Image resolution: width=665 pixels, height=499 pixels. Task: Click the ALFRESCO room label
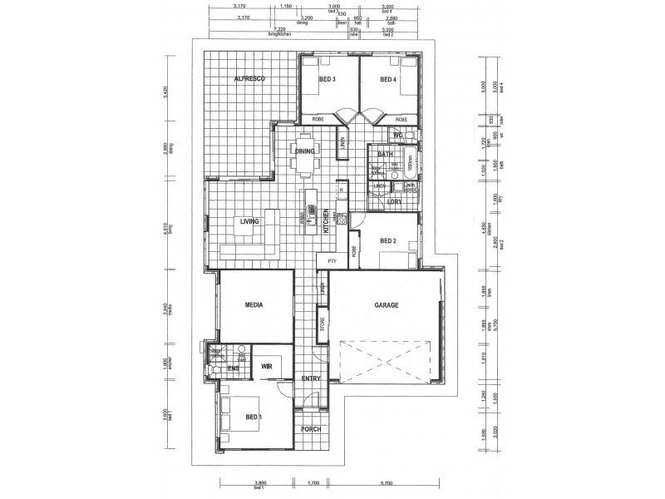click(x=249, y=78)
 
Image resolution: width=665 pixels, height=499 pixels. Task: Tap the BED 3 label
click(x=327, y=80)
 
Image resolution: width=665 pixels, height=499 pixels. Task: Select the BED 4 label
click(x=388, y=80)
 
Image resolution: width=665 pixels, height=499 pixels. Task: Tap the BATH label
click(x=386, y=155)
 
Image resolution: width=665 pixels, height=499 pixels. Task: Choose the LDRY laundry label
click(x=396, y=202)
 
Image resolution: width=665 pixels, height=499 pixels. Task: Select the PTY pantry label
click(x=332, y=261)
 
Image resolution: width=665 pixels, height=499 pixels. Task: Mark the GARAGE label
click(x=387, y=305)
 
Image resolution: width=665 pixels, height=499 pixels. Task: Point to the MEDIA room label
click(x=254, y=305)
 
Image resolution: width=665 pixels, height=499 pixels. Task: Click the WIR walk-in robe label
click(x=267, y=365)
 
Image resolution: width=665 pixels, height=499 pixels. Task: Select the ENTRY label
click(x=312, y=378)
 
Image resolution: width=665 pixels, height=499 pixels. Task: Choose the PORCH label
click(x=311, y=431)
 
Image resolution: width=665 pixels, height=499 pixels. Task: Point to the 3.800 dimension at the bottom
click(x=259, y=482)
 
